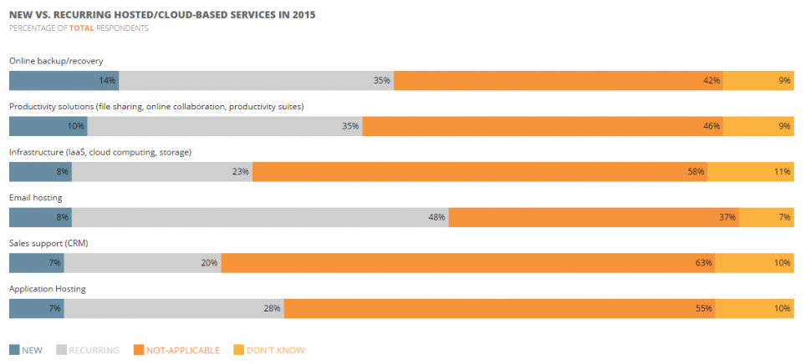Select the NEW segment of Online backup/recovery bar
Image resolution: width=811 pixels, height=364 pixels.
64,81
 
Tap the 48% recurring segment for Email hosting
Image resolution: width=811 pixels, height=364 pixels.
260,218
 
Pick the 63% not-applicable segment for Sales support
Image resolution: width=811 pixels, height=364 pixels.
468,263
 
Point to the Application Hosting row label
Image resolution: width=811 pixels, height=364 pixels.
48,289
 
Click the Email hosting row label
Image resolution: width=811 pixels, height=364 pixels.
36,198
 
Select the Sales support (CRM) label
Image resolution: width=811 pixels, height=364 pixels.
48,243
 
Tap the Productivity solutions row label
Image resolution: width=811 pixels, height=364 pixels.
156,107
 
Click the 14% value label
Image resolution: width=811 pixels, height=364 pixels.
107,81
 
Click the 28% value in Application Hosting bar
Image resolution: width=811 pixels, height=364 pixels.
272,309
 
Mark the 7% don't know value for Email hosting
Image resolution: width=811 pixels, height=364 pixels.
784,218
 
